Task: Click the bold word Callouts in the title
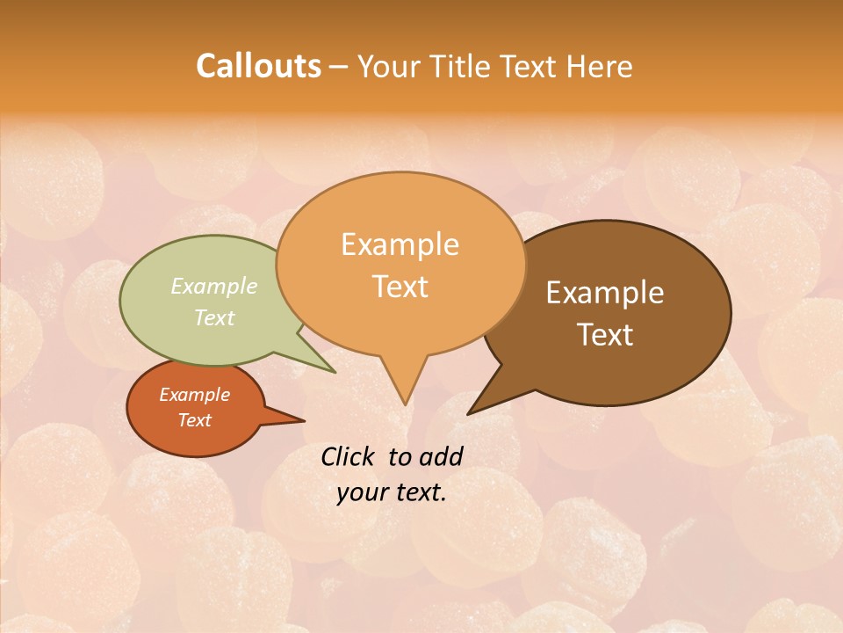[x=258, y=66]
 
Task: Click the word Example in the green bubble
[x=214, y=286]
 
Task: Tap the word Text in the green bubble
[x=214, y=317]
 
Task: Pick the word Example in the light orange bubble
[x=400, y=244]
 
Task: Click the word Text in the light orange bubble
[x=400, y=286]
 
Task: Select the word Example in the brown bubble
[x=605, y=292]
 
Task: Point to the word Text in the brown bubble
[x=605, y=334]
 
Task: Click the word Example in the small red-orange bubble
[x=194, y=395]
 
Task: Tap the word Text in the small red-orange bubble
[x=194, y=420]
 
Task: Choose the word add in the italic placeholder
[x=441, y=456]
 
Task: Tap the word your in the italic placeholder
[x=361, y=492]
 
